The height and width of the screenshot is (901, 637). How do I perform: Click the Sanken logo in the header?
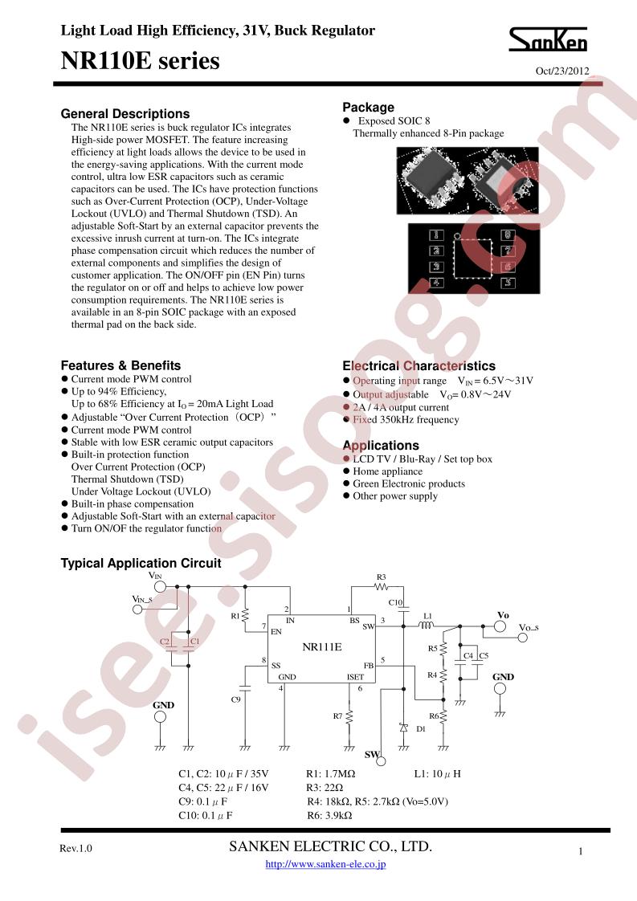(548, 39)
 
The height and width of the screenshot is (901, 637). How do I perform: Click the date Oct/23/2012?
(562, 71)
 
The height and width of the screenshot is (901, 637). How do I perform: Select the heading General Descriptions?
(125, 114)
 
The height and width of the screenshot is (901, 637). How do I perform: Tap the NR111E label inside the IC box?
(322, 647)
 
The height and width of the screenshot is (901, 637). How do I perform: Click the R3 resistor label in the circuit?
(382, 577)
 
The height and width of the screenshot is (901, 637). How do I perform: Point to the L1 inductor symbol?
(427, 626)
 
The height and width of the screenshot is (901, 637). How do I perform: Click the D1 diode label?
(421, 728)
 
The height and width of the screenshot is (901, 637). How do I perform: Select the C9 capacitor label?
(235, 699)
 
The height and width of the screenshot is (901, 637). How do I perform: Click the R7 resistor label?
(337, 716)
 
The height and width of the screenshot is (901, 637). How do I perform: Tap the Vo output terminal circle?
(500, 626)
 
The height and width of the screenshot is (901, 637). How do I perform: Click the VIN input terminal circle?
(161, 587)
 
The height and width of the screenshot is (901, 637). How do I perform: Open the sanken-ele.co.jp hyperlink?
(325, 863)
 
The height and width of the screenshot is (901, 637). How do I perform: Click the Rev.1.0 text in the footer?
(76, 849)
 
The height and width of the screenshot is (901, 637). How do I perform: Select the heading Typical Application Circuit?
(141, 563)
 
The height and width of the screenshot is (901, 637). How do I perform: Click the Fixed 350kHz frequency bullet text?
(406, 419)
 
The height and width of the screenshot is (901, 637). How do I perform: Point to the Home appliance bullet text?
(387, 471)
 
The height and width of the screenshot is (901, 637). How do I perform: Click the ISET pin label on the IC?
(355, 677)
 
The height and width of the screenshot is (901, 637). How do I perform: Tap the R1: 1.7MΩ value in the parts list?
(331, 774)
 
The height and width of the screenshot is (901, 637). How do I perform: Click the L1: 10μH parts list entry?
(438, 774)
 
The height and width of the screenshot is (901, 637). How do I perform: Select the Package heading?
(369, 108)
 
